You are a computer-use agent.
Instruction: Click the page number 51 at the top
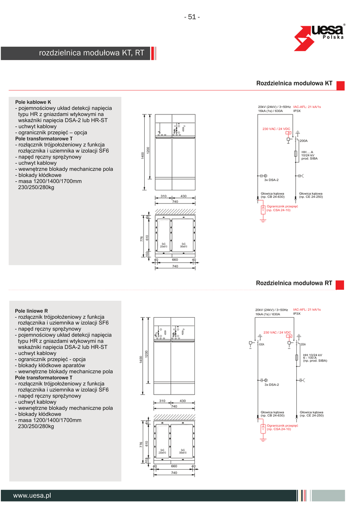coord(191,17)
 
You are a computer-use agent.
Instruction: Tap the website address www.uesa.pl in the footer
coord(32,495)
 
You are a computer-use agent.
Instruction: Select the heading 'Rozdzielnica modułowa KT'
coord(294,84)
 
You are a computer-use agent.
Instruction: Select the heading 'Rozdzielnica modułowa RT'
coord(294,283)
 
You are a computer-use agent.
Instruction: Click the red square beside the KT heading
coord(341,85)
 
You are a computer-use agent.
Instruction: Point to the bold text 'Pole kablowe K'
coord(33,102)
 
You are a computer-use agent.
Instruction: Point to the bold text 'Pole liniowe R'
coord(32,311)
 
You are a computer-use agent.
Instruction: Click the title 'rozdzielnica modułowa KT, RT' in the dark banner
coord(91,53)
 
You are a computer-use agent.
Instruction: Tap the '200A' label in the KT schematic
coord(304,141)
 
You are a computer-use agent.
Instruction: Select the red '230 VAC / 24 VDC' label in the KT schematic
coord(276,129)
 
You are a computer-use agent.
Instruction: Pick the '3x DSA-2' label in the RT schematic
coord(271,385)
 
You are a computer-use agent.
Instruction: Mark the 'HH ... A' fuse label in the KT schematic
coord(307,152)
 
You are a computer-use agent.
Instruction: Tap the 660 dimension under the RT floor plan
coord(175,467)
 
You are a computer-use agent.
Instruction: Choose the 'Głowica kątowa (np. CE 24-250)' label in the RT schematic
coord(311,414)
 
